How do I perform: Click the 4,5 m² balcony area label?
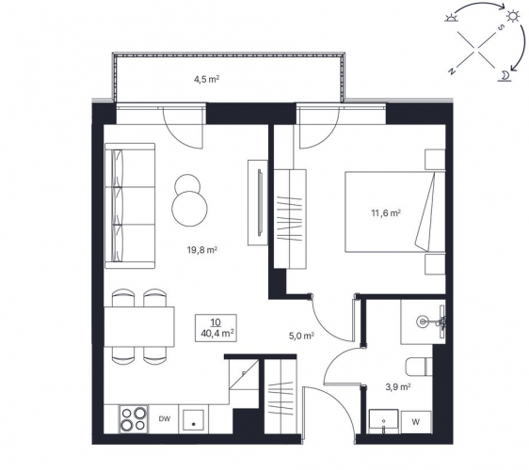click(x=206, y=80)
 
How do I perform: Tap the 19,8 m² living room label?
click(x=201, y=250)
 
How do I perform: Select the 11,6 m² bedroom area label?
click(x=386, y=213)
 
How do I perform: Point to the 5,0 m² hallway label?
click(x=302, y=336)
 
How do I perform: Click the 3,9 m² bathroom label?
click(x=398, y=387)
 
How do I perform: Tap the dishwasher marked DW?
click(x=165, y=419)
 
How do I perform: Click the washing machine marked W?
click(x=416, y=422)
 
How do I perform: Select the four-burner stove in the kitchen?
click(x=134, y=419)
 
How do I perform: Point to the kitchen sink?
click(x=193, y=420)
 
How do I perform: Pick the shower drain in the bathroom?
click(x=422, y=321)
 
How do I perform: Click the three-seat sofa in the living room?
click(x=130, y=206)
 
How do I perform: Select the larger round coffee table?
click(x=189, y=209)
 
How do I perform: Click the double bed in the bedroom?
click(x=395, y=211)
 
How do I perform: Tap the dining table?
click(x=139, y=327)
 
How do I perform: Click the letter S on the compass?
click(x=502, y=27)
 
